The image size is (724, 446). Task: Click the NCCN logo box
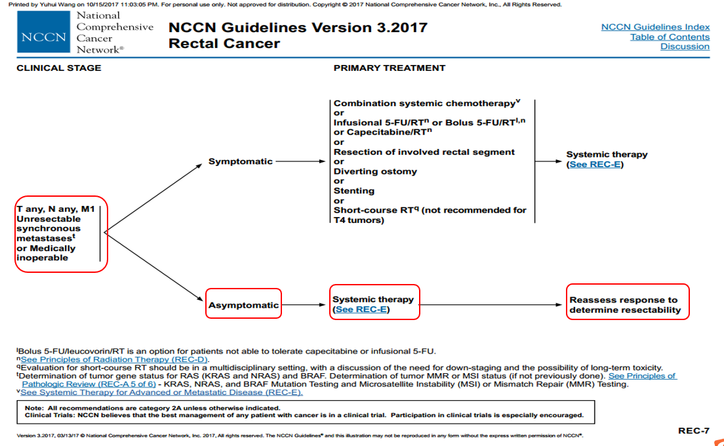pyautogui.click(x=43, y=37)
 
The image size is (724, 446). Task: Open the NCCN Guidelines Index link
pyautogui.click(x=655, y=27)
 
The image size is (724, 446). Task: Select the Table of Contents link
pyautogui.click(x=670, y=37)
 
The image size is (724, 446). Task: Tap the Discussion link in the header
pyautogui.click(x=685, y=47)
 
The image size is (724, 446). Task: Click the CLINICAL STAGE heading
pyautogui.click(x=59, y=68)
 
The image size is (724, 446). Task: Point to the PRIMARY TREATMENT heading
pyautogui.click(x=390, y=68)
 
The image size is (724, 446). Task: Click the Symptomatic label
pyautogui.click(x=240, y=161)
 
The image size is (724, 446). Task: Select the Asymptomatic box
pyautogui.click(x=243, y=305)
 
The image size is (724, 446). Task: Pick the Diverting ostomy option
pyautogui.click(x=374, y=171)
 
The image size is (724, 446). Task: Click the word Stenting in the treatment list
pyautogui.click(x=354, y=191)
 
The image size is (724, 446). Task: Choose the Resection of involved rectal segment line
pyautogui.click(x=424, y=152)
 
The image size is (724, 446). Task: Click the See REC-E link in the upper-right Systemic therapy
pyautogui.click(x=596, y=165)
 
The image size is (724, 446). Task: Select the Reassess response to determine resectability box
pyautogui.click(x=627, y=305)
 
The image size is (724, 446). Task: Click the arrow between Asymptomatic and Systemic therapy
pyautogui.click(x=305, y=305)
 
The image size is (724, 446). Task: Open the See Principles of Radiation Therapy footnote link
pyautogui.click(x=113, y=359)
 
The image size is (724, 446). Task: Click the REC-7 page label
pyautogui.click(x=693, y=431)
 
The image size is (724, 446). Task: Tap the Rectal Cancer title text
pyautogui.click(x=224, y=44)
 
